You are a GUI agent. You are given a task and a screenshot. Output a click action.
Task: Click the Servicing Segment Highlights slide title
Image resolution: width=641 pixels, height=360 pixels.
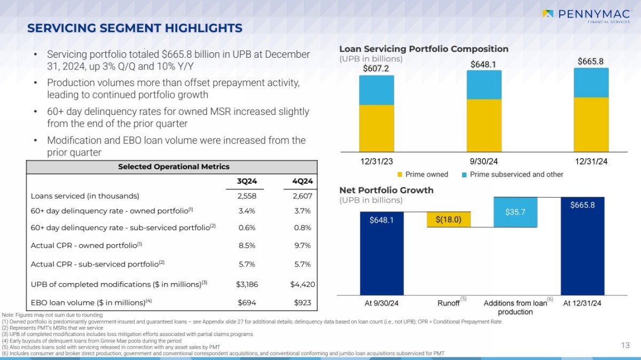coord(135,28)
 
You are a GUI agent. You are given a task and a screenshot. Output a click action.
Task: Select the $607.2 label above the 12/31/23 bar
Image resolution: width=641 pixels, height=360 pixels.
coord(376,68)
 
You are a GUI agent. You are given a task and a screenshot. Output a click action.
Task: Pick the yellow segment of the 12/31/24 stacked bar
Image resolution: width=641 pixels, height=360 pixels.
coord(591,124)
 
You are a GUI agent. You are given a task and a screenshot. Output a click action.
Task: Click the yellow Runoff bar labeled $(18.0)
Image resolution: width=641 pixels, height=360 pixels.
coord(448,220)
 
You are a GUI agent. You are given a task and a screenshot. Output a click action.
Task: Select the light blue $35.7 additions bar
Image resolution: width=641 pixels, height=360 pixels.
coord(515,212)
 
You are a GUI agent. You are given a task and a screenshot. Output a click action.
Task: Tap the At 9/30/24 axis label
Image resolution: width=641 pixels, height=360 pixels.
coord(381,303)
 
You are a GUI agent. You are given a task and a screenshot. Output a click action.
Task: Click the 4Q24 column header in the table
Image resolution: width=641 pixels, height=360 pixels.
coord(302,181)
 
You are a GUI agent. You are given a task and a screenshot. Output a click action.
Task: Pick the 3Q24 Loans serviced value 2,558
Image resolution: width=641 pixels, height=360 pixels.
coord(247,195)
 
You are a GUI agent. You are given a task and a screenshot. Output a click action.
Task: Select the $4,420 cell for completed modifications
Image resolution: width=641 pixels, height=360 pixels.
coord(302,284)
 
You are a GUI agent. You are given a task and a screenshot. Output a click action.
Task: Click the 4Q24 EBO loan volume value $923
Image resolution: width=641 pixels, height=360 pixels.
coord(302,302)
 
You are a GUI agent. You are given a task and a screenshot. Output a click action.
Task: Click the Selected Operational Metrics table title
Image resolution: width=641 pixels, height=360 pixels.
coord(174,167)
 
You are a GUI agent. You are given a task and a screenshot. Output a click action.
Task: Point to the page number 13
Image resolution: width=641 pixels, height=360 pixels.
coord(626,346)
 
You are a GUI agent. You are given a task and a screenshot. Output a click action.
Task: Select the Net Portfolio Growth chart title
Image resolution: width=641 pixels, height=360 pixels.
coord(386,190)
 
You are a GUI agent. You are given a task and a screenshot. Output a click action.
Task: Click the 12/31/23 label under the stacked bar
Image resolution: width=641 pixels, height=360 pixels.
coord(377,160)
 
